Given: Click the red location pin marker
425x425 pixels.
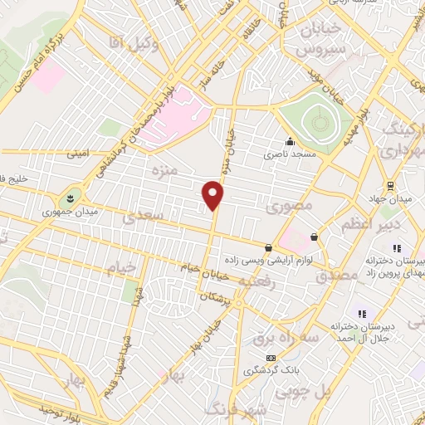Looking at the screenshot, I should point(214,195).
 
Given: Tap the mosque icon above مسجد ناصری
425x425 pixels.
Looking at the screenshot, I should point(289,140).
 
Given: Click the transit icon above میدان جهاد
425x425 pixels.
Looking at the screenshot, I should point(390,186).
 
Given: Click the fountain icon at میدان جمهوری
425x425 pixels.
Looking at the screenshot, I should point(69,198).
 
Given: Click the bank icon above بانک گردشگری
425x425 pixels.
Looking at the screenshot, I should point(270,358).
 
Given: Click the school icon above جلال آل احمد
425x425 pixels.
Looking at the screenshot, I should point(361,313).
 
